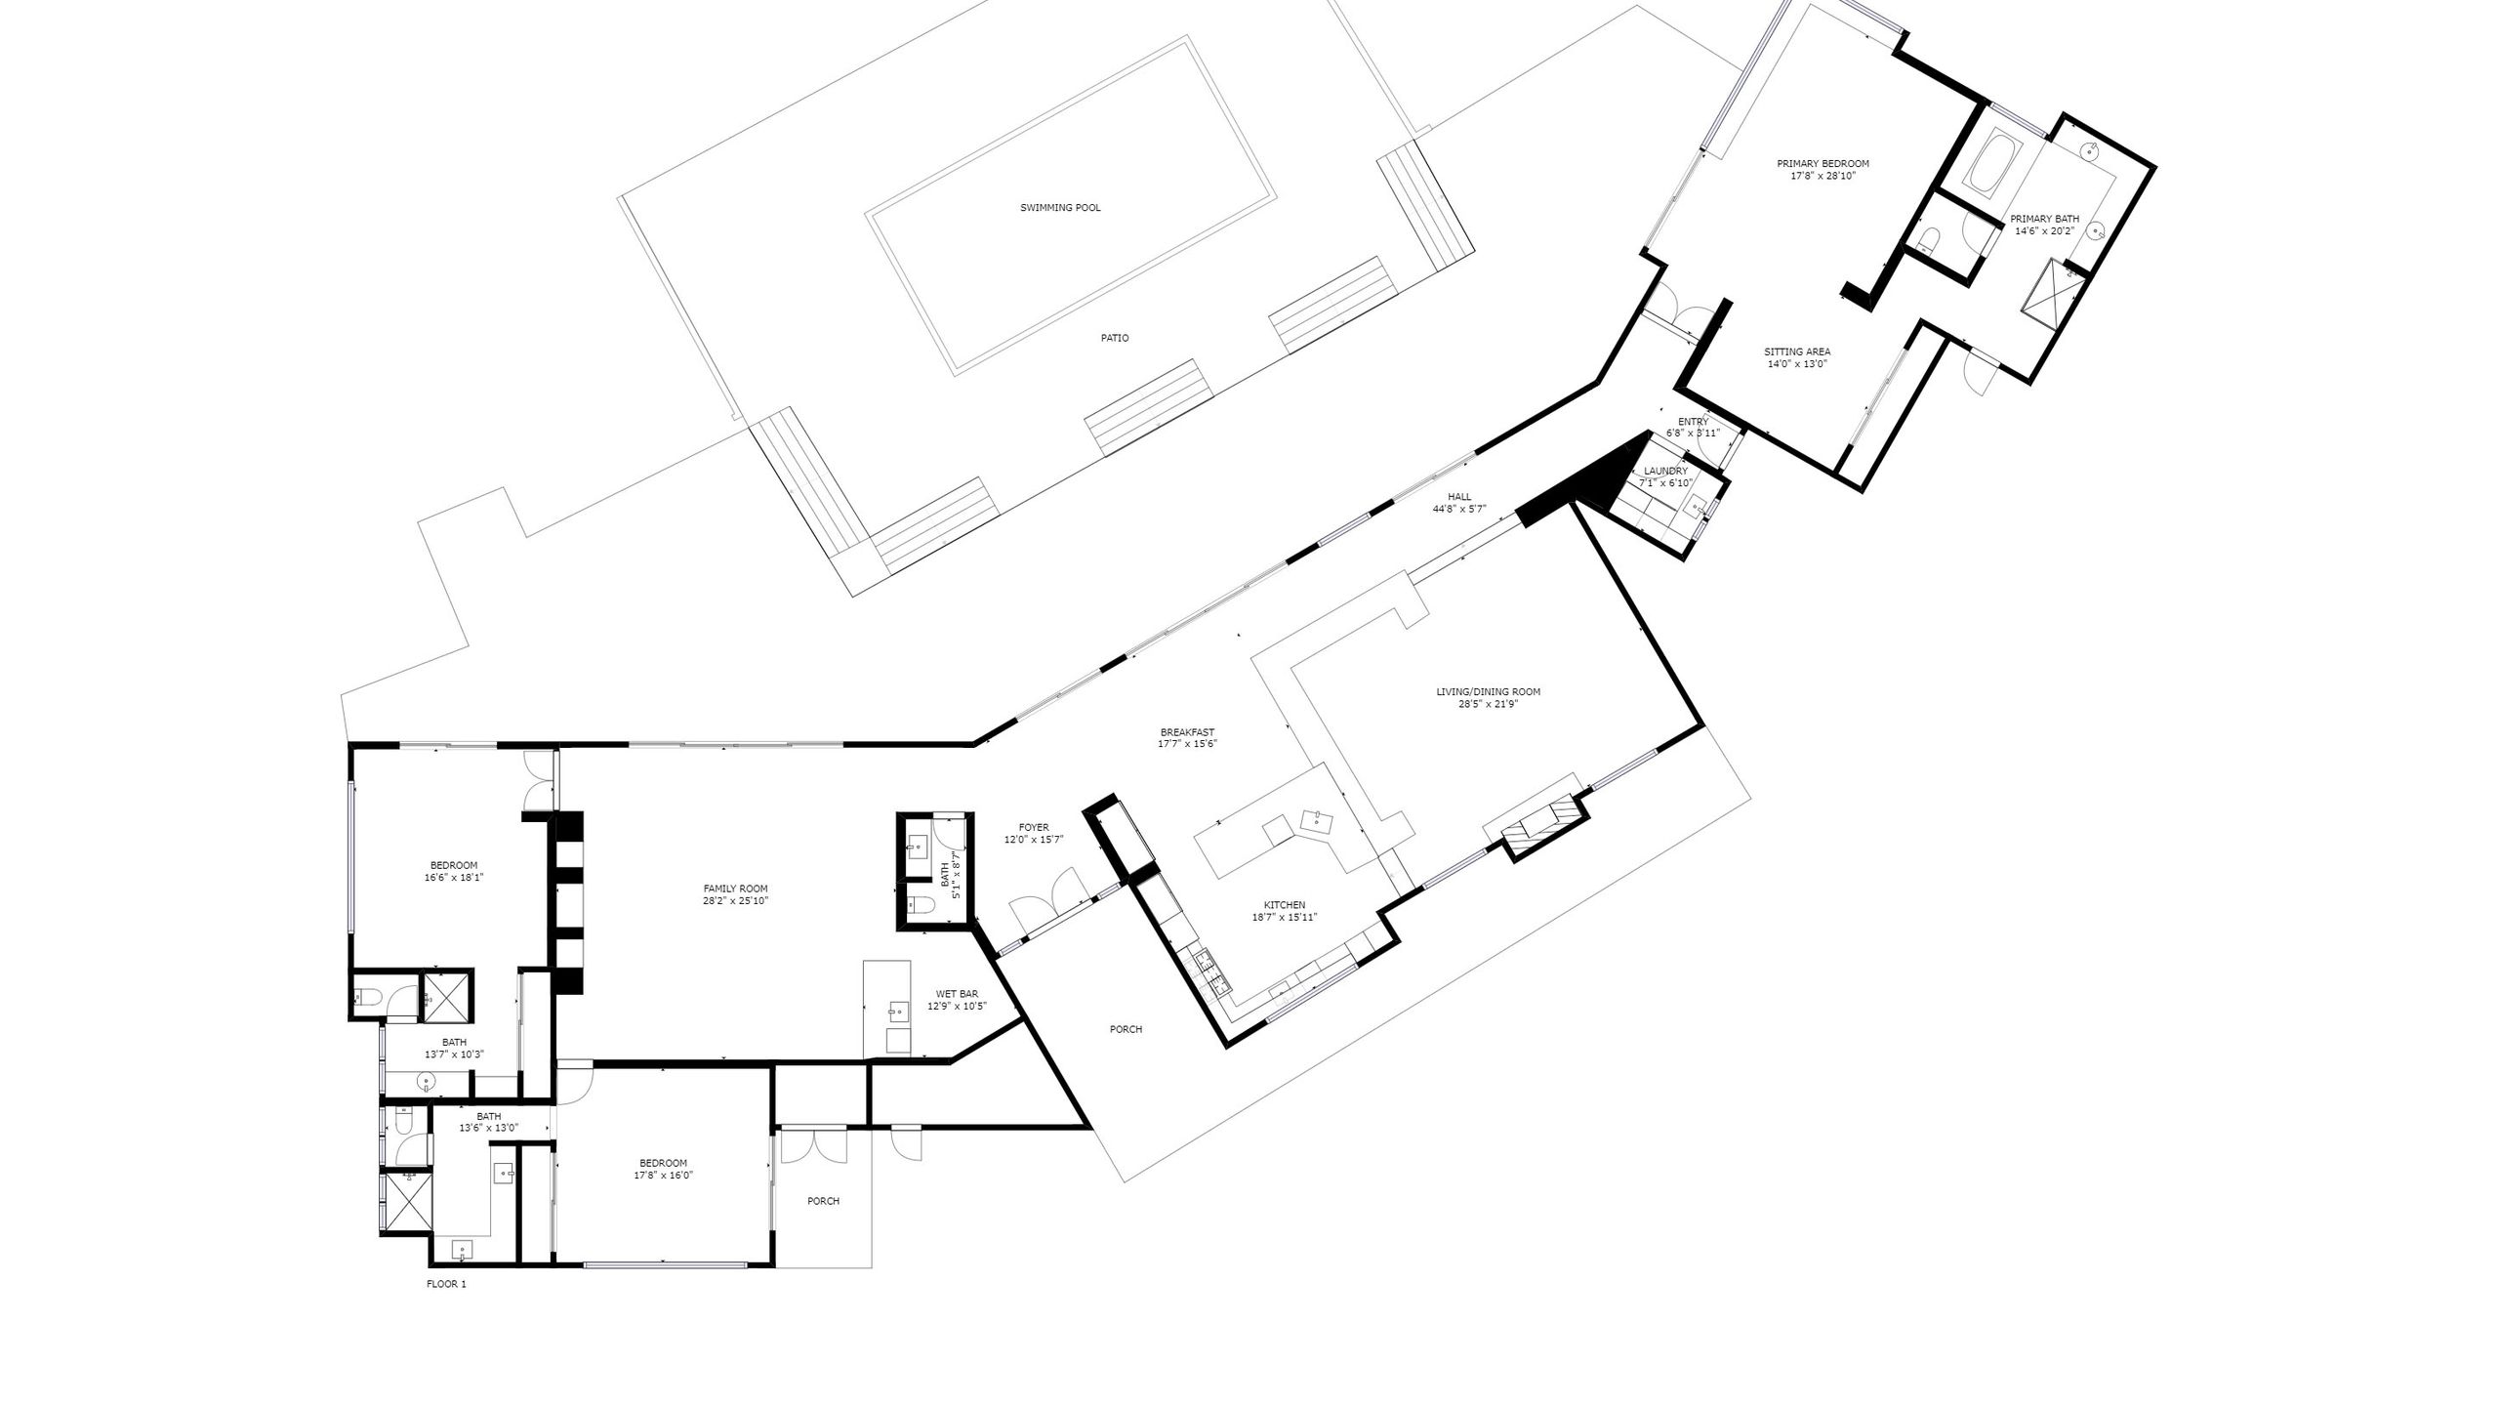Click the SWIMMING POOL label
pos(1060,208)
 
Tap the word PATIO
pos(1115,338)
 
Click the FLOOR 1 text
pos(446,1284)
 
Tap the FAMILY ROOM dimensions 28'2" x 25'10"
pos(735,901)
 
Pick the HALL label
pos(1459,497)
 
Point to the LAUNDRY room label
pos(1665,471)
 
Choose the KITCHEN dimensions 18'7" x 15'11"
pos(1285,917)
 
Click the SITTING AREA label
pos(1797,351)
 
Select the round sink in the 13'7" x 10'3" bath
pos(426,1082)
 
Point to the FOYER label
pos(1033,827)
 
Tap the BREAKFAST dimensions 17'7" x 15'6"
pos(1187,744)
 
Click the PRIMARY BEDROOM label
pos(1823,164)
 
